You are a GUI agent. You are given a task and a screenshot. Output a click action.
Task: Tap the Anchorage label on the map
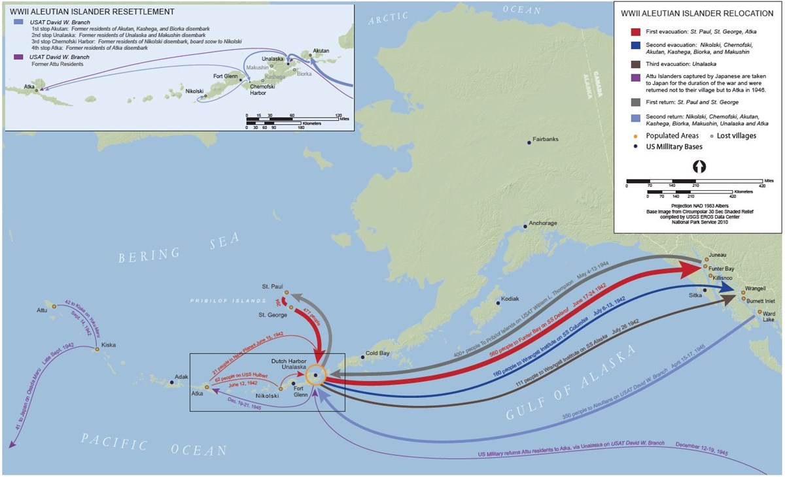543,223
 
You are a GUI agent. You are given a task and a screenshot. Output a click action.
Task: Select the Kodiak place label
510,299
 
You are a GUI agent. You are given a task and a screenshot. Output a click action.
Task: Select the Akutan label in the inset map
321,50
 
